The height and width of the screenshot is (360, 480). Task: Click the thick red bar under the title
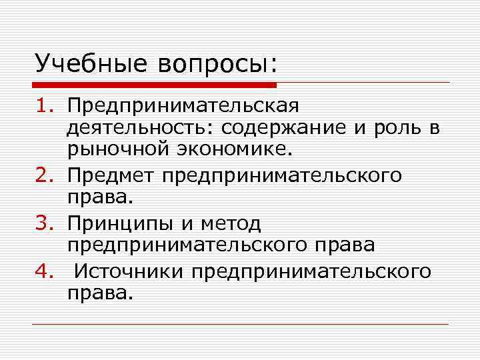(153, 85)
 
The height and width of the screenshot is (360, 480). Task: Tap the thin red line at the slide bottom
(240, 324)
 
